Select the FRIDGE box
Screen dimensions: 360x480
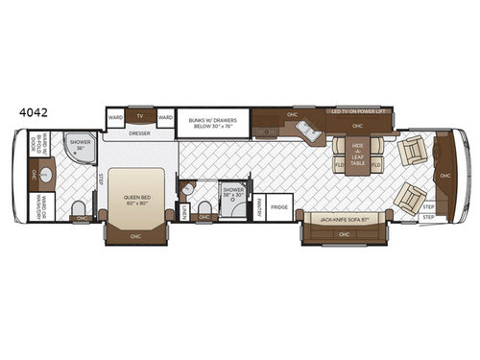[x=279, y=205]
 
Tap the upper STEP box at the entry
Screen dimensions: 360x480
[x=428, y=205]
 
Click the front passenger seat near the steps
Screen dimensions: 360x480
[x=410, y=198]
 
